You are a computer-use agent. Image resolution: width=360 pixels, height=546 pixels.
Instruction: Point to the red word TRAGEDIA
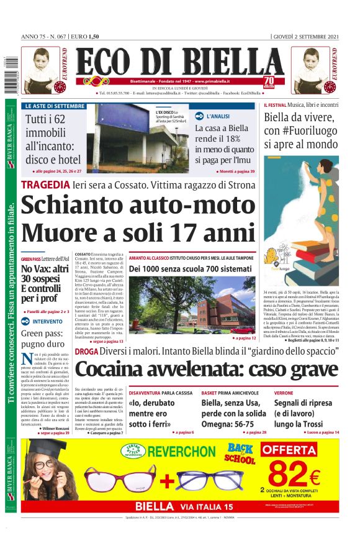(x=45, y=184)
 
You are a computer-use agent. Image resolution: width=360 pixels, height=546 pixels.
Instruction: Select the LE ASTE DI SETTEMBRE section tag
(x=55, y=106)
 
